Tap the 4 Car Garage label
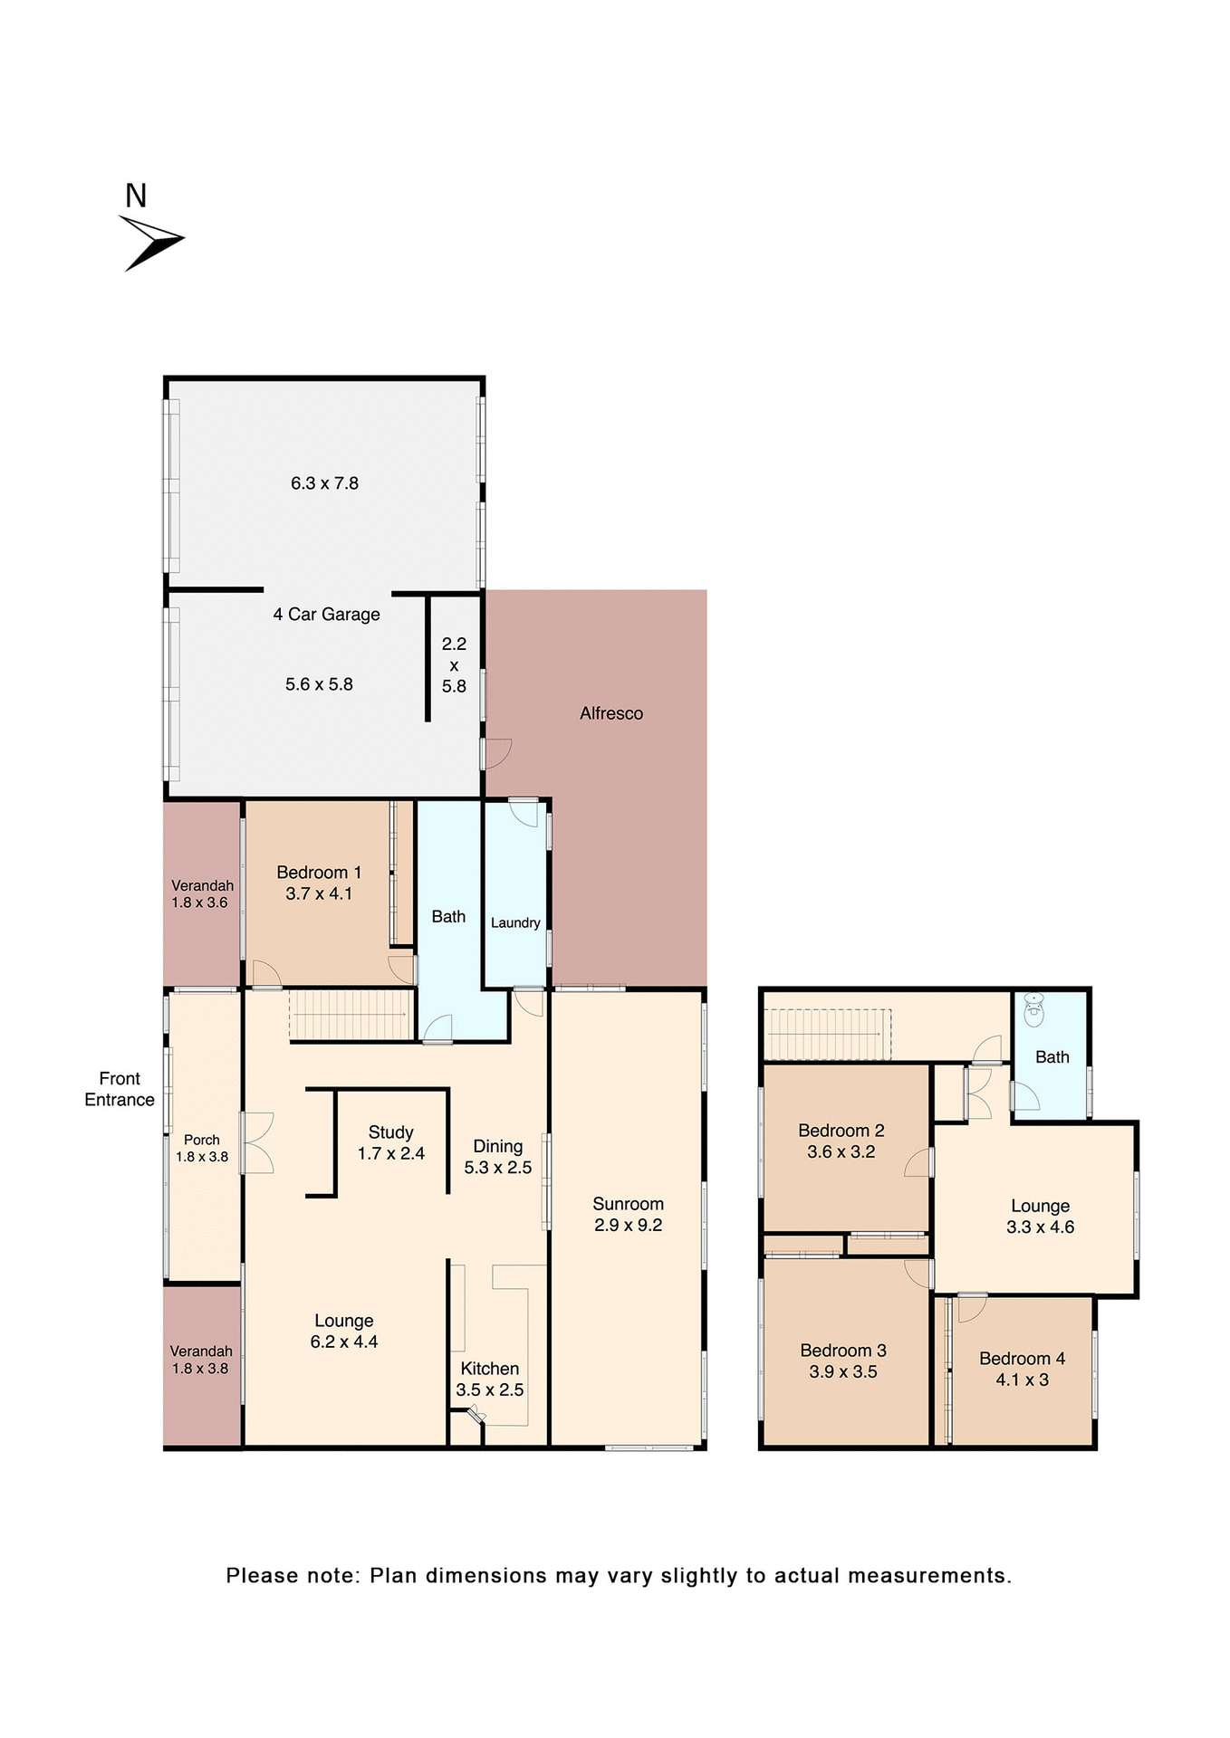tap(326, 615)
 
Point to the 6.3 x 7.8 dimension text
tap(324, 483)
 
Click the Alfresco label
tap(611, 713)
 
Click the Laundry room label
tap(515, 922)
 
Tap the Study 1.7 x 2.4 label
tap(391, 1142)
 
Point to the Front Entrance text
tap(120, 1089)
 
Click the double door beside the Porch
tap(257, 1142)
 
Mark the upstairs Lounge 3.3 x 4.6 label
tap(1040, 1216)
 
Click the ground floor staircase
tap(351, 1015)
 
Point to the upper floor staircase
tap(827, 1033)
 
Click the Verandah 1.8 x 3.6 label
tap(202, 893)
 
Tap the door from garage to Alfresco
tap(497, 753)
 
